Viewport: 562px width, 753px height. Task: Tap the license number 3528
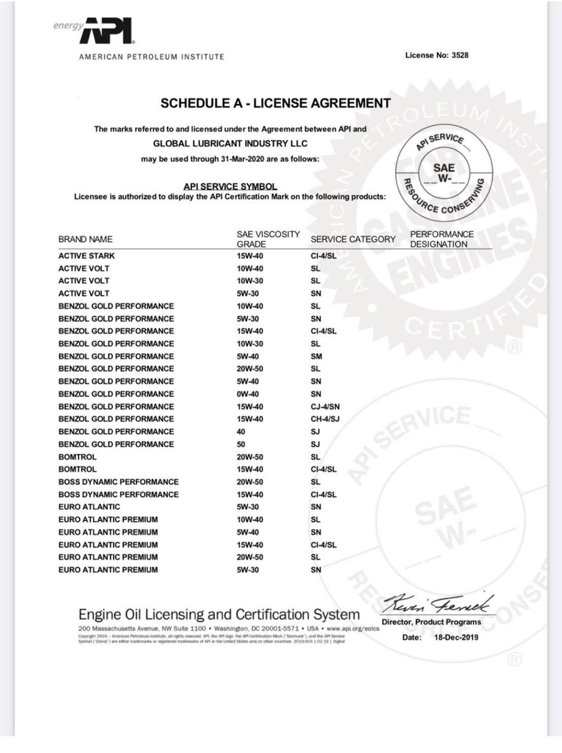click(x=460, y=55)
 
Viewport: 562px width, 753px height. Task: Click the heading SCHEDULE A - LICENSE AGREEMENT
click(x=276, y=104)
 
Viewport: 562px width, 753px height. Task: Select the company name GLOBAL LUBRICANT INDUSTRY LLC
click(x=230, y=144)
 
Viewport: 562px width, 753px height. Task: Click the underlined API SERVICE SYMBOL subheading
click(x=230, y=186)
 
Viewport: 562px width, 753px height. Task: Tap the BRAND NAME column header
click(x=85, y=239)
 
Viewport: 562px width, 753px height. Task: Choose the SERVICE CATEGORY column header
click(x=353, y=239)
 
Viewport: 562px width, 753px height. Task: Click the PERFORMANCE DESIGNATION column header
click(x=441, y=239)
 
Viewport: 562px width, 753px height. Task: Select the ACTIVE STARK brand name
click(x=86, y=256)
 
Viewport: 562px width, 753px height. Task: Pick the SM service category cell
click(x=316, y=357)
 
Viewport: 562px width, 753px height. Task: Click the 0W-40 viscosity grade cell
click(x=247, y=394)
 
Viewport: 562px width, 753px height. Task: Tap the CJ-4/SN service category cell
click(x=325, y=407)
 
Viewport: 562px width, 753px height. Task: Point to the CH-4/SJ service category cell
click(x=325, y=419)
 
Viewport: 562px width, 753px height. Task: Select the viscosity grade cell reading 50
click(x=241, y=445)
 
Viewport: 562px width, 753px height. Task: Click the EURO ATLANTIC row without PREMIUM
click(x=89, y=507)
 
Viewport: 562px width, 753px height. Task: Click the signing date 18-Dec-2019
click(x=456, y=637)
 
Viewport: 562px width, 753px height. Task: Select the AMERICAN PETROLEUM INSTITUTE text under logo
click(x=151, y=57)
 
